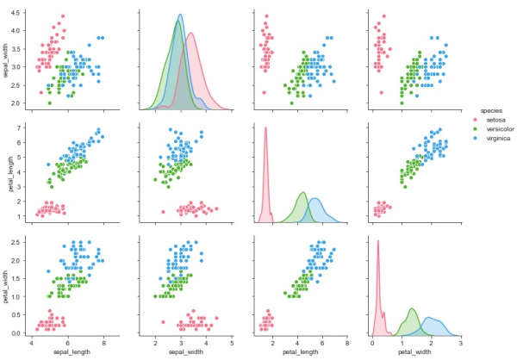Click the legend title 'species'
(x=491, y=110)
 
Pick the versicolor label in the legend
(x=503, y=128)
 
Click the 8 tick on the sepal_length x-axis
(x=103, y=343)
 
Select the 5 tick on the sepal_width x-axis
(x=232, y=343)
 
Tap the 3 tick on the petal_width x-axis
(x=460, y=343)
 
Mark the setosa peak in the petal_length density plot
(x=265, y=128)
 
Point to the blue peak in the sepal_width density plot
(x=180, y=16)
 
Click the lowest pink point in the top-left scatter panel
(x=40, y=92)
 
